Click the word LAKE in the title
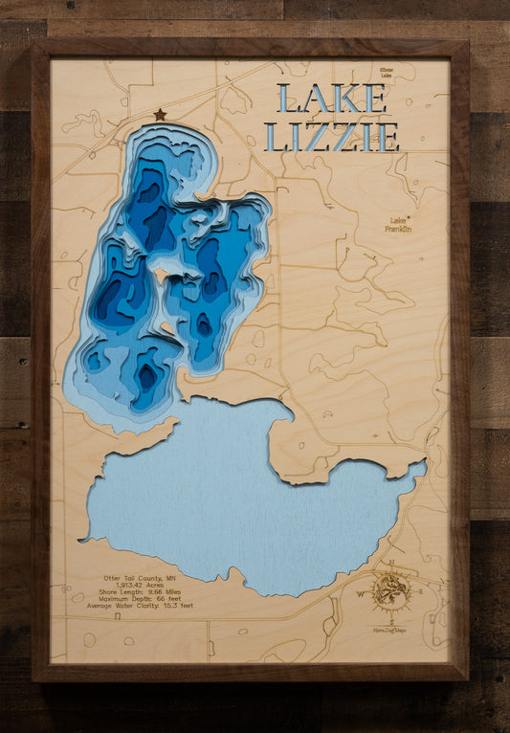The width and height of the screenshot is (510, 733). pos(331,100)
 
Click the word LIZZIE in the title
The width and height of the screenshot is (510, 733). pos(331,137)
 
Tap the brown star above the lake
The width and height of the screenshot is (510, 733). pos(160,115)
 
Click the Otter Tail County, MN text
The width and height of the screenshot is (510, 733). pos(146,579)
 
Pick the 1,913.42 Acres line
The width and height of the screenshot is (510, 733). pos(146,586)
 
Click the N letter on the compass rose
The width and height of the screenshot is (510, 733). pos(391,564)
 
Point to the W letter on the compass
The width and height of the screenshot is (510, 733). pos(361,594)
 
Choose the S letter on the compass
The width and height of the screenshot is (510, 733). pos(391,623)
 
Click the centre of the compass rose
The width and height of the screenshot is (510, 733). pos(391,593)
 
